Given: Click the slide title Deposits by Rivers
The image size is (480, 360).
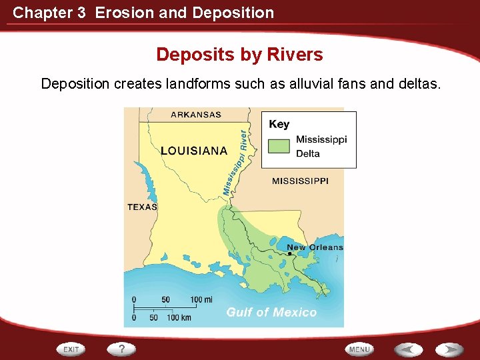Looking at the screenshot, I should [x=239, y=55].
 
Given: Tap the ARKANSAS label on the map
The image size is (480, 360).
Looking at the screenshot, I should [x=196, y=115].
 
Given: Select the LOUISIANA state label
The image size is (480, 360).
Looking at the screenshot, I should [x=194, y=151].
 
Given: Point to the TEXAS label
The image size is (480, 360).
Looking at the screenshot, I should [x=142, y=207].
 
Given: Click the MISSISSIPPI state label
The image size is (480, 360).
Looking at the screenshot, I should [x=300, y=181].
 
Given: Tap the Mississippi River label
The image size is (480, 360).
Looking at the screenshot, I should [x=238, y=162].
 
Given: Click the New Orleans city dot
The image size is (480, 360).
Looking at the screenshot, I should [x=289, y=254].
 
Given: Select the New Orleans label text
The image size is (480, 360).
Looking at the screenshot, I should [x=315, y=247].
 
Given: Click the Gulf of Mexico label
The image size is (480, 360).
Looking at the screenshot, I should [x=271, y=312].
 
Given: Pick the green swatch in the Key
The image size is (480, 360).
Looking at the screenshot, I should [x=279, y=146].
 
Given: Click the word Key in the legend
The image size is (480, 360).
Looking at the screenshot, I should [x=279, y=124].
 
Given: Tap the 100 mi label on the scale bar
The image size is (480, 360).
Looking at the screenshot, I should [x=201, y=299].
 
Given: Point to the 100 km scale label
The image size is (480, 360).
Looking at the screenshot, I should [x=179, y=317].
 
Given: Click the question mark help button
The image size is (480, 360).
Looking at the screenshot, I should [x=122, y=349].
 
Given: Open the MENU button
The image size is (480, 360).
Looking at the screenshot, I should [x=359, y=349].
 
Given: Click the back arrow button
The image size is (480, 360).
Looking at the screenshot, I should [x=407, y=349].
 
